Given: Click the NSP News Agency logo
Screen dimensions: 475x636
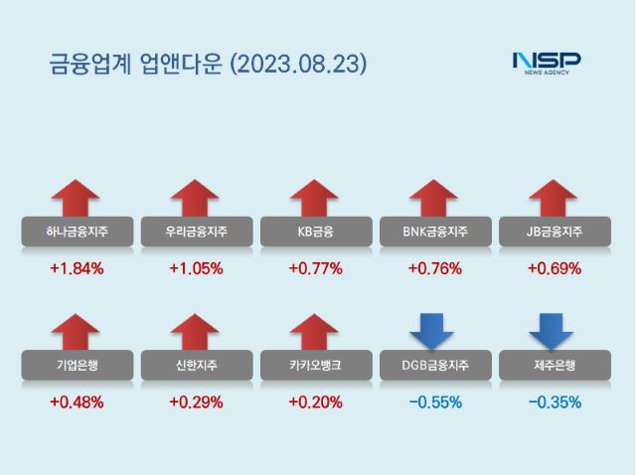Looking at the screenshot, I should [546, 63].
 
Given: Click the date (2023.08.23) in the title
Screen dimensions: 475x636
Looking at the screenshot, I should [298, 65].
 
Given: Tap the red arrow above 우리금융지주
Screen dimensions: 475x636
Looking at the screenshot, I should [196, 197].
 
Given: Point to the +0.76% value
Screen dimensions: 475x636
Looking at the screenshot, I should [434, 268].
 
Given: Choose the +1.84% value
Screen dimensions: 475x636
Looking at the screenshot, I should [77, 268].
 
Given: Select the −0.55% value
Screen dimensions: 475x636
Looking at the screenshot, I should [434, 402].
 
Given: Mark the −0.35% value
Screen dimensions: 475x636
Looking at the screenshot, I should [554, 402].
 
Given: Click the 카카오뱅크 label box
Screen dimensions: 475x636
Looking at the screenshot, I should [315, 366].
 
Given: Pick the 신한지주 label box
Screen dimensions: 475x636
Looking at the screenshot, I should [196, 366].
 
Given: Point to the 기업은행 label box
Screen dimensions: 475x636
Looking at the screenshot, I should [77, 366].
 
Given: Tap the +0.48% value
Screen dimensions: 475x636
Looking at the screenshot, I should [77, 402].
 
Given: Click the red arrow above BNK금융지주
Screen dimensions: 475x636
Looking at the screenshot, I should [434, 197].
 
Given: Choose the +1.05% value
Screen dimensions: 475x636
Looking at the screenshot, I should [196, 268].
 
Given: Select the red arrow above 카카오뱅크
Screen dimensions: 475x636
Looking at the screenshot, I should [315, 332].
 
